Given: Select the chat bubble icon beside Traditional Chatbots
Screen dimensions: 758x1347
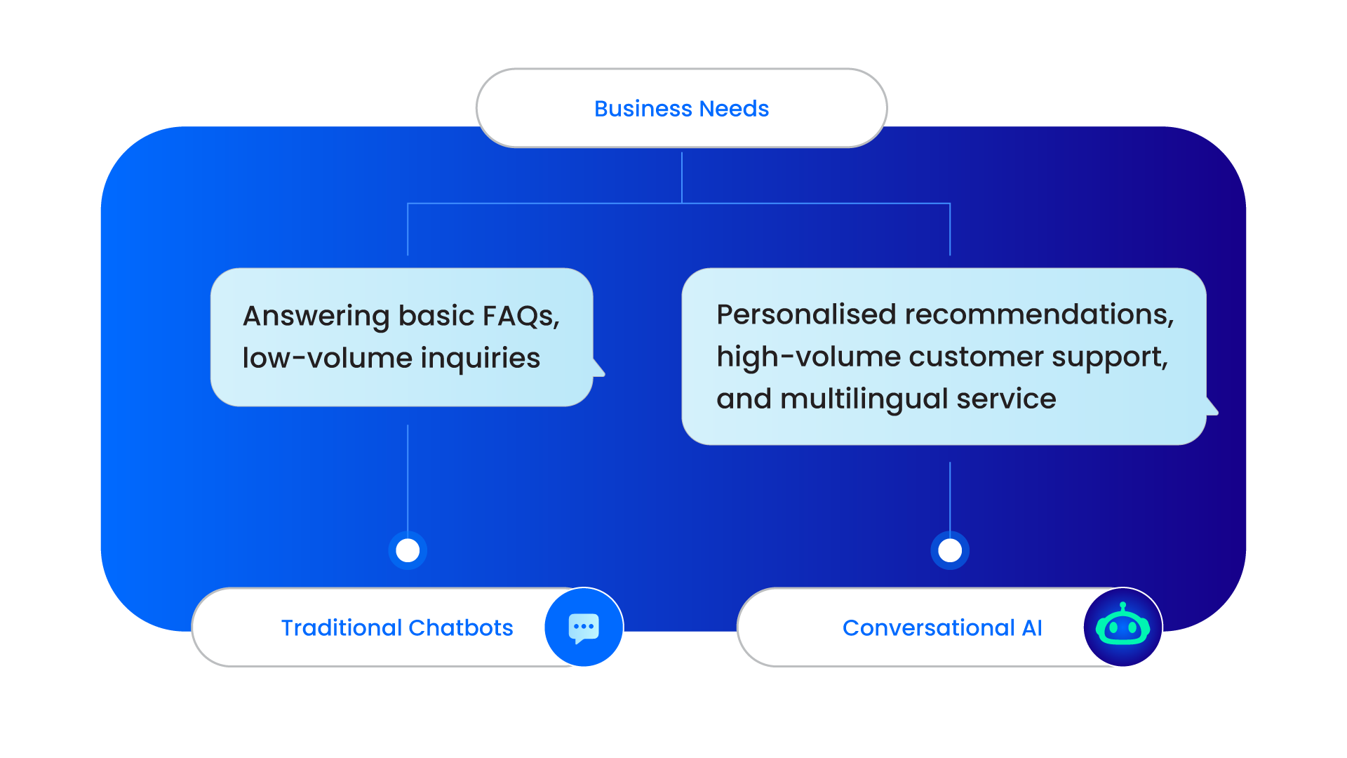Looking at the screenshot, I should pos(584,627).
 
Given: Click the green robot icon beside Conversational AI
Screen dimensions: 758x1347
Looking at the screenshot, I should pos(1122,627).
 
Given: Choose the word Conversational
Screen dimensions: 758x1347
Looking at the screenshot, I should pos(928,627).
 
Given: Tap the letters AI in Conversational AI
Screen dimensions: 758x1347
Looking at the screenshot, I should pos(1032,627).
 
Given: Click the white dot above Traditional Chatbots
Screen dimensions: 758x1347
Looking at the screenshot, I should pos(408,550).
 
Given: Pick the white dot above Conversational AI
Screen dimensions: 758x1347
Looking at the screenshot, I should pos(950,550).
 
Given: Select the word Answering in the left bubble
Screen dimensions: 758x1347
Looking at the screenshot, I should pos(316,317).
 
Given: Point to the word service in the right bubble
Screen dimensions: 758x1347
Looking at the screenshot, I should pos(1006,399).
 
